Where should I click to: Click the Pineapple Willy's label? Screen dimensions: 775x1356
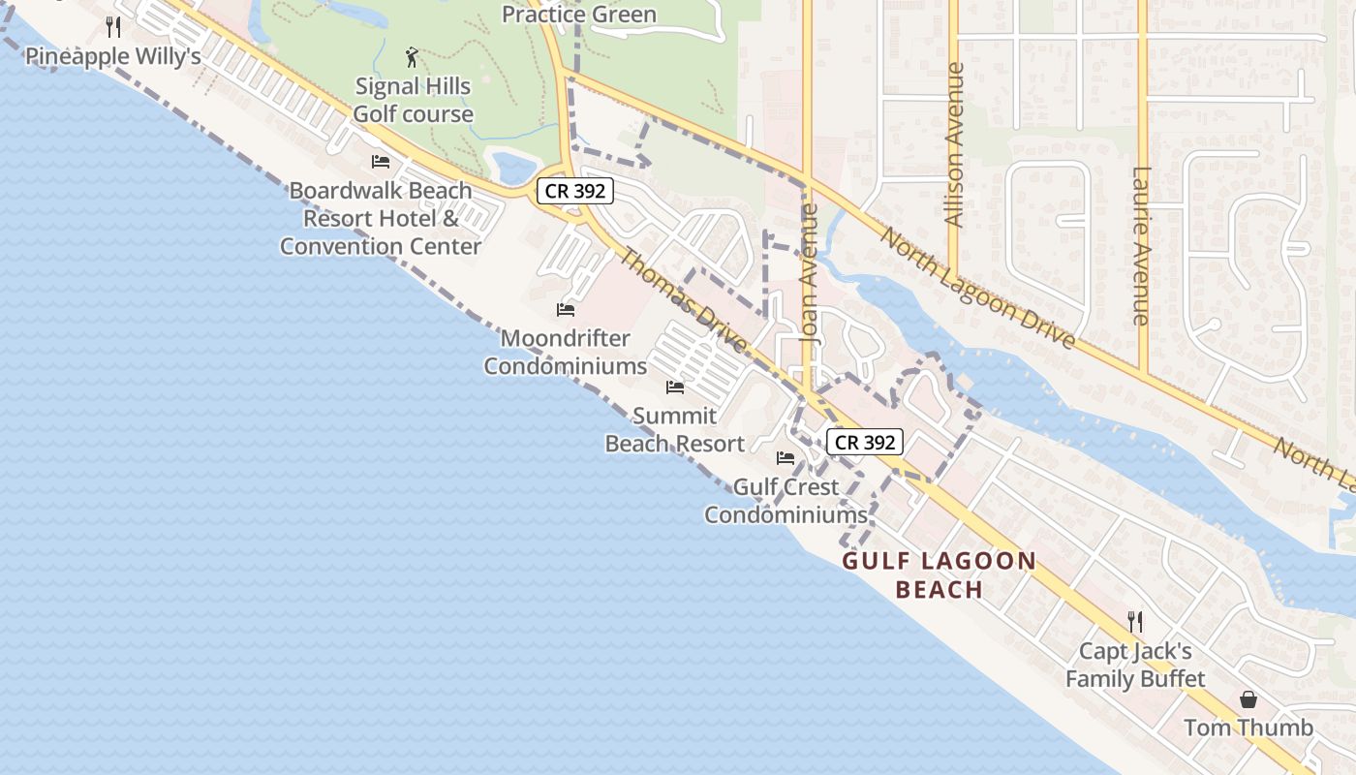(x=112, y=56)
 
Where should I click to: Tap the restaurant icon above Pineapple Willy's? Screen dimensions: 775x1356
(x=113, y=26)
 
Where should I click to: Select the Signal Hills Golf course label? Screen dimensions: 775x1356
(x=413, y=100)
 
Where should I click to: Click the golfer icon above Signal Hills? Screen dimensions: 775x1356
(x=413, y=57)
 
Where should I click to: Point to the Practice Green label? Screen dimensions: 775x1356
(x=578, y=15)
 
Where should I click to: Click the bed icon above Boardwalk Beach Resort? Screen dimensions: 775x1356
(x=381, y=162)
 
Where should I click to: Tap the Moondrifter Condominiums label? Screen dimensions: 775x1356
(x=565, y=353)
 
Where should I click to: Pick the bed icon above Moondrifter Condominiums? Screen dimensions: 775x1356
(x=566, y=310)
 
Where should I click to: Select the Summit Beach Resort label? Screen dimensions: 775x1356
(x=674, y=430)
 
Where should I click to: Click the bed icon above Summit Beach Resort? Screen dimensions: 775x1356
(x=675, y=387)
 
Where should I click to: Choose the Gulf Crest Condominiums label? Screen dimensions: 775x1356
(x=785, y=501)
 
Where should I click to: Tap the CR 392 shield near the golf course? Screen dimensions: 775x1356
(x=575, y=191)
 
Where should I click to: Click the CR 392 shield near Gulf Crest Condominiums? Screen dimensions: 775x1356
(x=865, y=443)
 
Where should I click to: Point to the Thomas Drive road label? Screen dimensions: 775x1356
(x=683, y=300)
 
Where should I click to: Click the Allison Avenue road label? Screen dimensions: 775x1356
(x=954, y=145)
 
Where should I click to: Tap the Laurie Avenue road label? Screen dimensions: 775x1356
(x=1140, y=246)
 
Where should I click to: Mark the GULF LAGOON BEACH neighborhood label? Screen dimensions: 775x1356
(x=940, y=575)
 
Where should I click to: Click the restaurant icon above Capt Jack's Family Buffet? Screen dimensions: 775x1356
(x=1135, y=621)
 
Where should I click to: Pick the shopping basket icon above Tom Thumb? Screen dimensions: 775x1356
(x=1248, y=699)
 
